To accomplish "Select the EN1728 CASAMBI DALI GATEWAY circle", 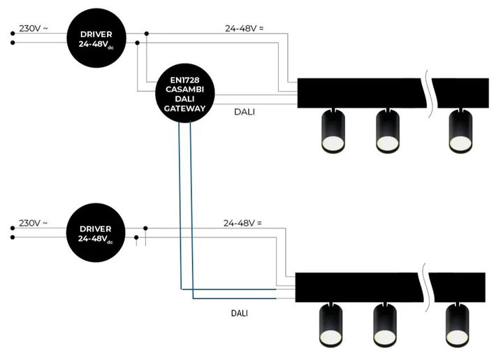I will point(184,95).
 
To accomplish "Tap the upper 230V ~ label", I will point(33,28).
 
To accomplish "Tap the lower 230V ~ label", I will point(33,223).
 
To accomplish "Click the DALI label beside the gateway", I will point(244,110).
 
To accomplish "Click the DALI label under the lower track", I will point(240,313).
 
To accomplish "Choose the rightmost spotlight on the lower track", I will point(458,325).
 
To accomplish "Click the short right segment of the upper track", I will point(460,89).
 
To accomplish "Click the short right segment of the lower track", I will point(460,285).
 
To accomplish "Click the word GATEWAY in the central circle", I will point(184,108).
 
